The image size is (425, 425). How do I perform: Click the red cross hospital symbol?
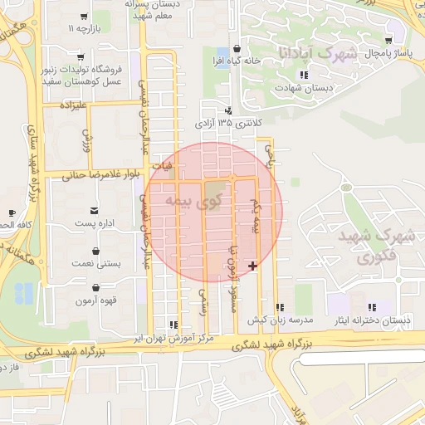253,265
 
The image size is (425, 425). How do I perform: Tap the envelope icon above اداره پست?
96,209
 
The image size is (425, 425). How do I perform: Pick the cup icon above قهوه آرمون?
98,287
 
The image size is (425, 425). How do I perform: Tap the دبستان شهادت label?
305,86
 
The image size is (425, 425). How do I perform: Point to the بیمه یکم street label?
256,215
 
